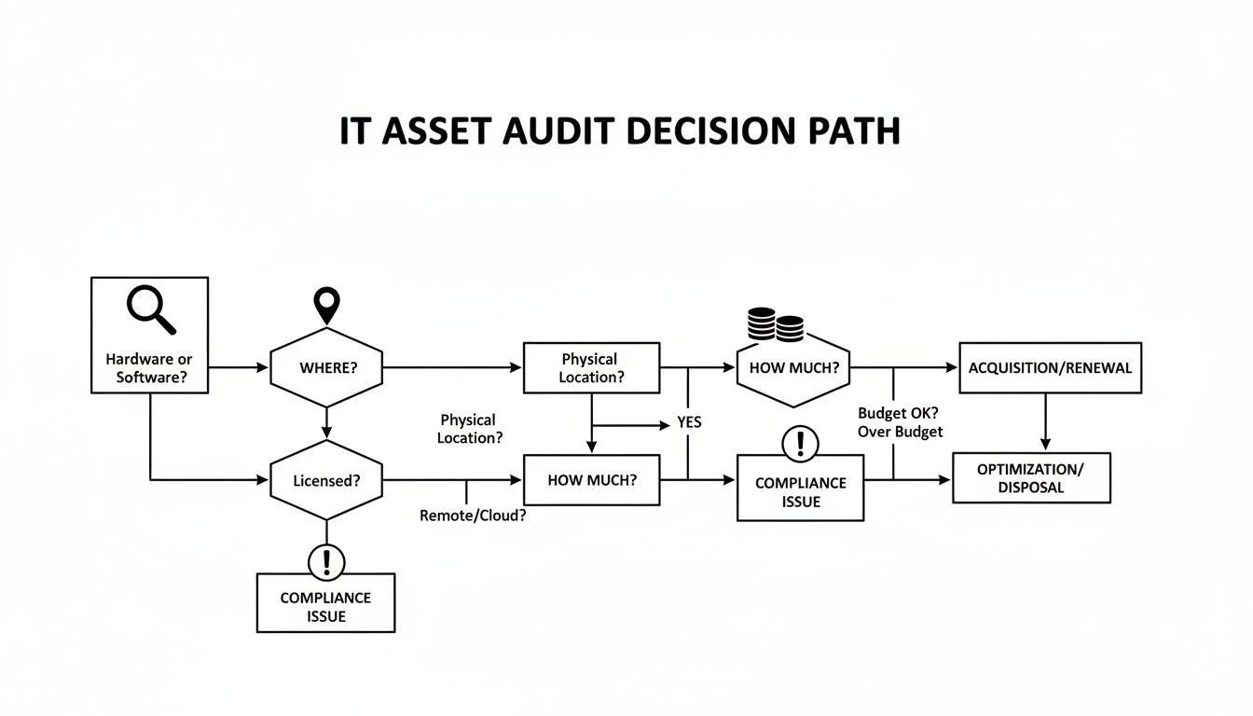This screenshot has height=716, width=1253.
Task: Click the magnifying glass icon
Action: pyautogui.click(x=151, y=310)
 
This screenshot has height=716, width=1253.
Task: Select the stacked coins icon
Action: pyautogui.click(x=776, y=324)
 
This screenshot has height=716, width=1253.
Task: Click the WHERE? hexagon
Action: pyautogui.click(x=327, y=367)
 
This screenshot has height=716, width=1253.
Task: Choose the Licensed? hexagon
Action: pyautogui.click(x=326, y=481)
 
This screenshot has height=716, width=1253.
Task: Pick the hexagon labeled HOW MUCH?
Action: pyautogui.click(x=793, y=367)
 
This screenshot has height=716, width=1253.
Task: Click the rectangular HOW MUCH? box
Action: pyautogui.click(x=592, y=480)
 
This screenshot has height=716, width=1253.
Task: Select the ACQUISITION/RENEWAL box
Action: pyautogui.click(x=1050, y=367)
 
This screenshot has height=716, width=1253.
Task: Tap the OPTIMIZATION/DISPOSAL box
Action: pyautogui.click(x=1031, y=477)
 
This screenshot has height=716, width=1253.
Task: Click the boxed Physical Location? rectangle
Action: pyautogui.click(x=591, y=367)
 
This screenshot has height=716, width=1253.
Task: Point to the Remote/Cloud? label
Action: pyautogui.click(x=473, y=515)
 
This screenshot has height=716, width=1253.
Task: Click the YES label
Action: pyautogui.click(x=689, y=422)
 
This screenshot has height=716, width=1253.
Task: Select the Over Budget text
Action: pyautogui.click(x=900, y=432)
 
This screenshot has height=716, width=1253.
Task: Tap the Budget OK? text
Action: pyautogui.click(x=898, y=413)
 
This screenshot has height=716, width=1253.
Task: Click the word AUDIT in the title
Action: pyautogui.click(x=553, y=132)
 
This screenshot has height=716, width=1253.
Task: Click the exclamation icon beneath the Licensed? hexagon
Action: pyautogui.click(x=326, y=562)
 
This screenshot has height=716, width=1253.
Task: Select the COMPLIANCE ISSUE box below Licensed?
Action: pyautogui.click(x=325, y=606)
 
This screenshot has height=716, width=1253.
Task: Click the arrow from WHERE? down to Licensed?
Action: pyautogui.click(x=326, y=422)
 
